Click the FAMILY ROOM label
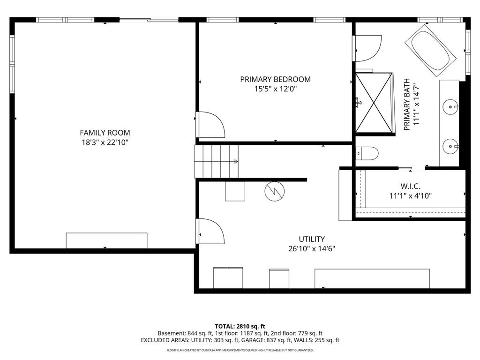pos(105,133)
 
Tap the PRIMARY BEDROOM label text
pos(275,79)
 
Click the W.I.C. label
pos(410,186)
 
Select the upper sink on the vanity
pos(451,107)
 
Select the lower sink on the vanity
pos(451,146)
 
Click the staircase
pos(216,161)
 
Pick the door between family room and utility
pos(209,231)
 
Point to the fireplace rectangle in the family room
pos(106,240)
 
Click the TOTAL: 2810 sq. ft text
pos(240,326)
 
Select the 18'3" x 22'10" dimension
pos(105,142)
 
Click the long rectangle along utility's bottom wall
pos(372,278)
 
